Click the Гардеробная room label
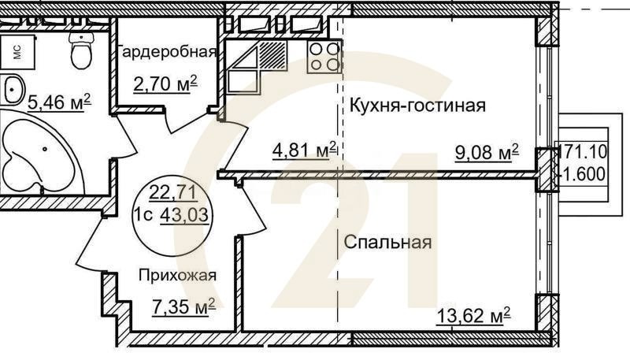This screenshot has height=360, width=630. (167, 53)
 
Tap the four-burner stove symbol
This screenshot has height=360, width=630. (323, 57)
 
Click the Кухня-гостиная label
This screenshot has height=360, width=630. (417, 106)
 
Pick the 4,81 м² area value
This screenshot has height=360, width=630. (305, 149)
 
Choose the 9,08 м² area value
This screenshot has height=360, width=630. (487, 150)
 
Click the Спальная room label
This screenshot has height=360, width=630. (387, 242)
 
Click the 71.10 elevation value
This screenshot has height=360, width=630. (584, 150)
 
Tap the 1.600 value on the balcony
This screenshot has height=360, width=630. (584, 173)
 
